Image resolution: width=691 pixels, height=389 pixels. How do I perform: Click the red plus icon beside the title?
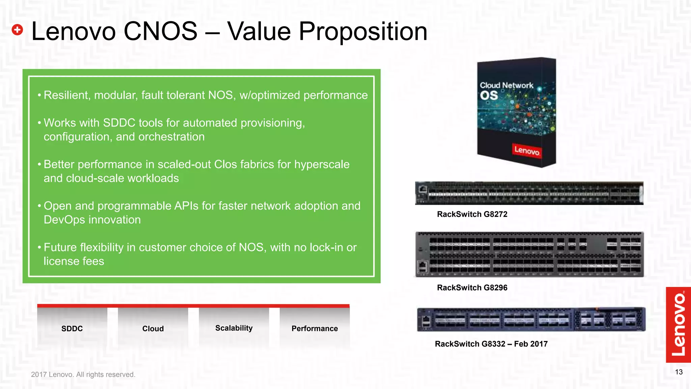(17, 30)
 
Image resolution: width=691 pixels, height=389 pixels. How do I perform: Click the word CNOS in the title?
(160, 31)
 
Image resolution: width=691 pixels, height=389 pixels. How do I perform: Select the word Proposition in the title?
(363, 31)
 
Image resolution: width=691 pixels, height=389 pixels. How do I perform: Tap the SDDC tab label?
(72, 329)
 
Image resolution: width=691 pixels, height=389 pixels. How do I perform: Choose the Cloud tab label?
(153, 329)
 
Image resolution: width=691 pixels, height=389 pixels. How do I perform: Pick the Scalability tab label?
(234, 328)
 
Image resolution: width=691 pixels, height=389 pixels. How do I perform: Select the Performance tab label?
(314, 329)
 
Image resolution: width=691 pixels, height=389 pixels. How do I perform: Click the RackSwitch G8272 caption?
(472, 214)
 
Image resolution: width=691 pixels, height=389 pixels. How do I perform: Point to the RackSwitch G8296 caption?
(472, 288)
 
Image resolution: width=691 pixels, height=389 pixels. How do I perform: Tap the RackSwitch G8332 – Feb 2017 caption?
(491, 344)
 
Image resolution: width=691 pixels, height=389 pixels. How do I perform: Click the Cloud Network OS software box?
(516, 111)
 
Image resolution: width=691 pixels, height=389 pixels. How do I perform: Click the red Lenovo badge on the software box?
(527, 150)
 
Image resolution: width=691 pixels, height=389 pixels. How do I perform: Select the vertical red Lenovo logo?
(678, 325)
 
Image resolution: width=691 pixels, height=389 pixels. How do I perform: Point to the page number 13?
(679, 372)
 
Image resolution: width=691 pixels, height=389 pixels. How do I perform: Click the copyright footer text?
(83, 374)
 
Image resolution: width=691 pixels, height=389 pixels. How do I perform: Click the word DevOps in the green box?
(64, 220)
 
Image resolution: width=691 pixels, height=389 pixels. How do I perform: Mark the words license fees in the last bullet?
(74, 261)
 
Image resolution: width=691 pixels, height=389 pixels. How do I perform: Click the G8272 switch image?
(529, 193)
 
